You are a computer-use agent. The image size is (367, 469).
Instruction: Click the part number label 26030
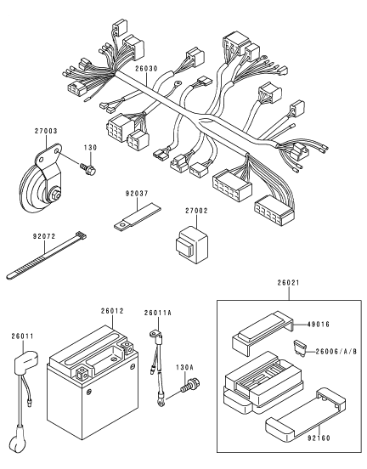click(x=146, y=69)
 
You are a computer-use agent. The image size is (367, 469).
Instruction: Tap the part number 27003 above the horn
click(x=46, y=131)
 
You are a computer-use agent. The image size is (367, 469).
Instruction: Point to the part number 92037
click(x=137, y=194)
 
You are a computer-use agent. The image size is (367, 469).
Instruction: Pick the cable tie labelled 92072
click(x=47, y=256)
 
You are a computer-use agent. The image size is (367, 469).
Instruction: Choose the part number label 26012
click(x=112, y=311)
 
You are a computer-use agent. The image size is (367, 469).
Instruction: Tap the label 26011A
click(x=158, y=313)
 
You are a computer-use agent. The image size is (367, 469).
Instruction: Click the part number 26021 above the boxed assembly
click(x=288, y=282)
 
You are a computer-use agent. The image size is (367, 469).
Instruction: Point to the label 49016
click(x=319, y=325)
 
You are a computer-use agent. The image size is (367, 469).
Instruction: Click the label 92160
click(x=319, y=438)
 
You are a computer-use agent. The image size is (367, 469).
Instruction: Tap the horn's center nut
click(x=55, y=195)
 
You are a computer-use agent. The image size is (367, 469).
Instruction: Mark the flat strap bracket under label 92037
click(x=138, y=216)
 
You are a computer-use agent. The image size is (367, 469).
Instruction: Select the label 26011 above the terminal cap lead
click(x=23, y=336)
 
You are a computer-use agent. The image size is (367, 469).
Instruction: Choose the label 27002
click(x=196, y=211)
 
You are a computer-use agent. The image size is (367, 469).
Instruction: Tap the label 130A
click(x=185, y=367)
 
